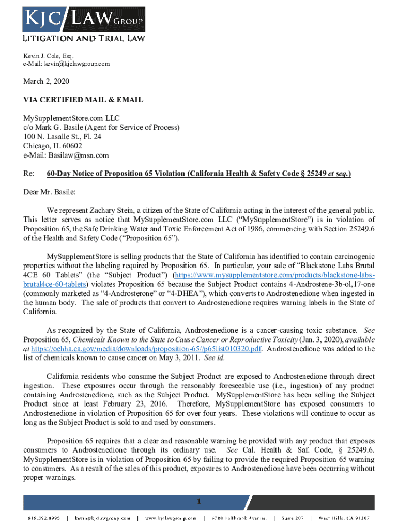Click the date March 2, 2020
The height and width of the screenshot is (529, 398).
tap(47, 82)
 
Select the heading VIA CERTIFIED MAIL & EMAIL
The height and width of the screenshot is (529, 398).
tap(83, 100)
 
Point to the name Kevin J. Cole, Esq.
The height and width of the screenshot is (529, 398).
tap(49, 56)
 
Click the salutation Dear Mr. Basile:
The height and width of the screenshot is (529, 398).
tap(50, 192)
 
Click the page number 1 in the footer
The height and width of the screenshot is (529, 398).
tap(197, 501)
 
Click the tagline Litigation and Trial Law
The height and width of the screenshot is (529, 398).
tap(83, 38)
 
